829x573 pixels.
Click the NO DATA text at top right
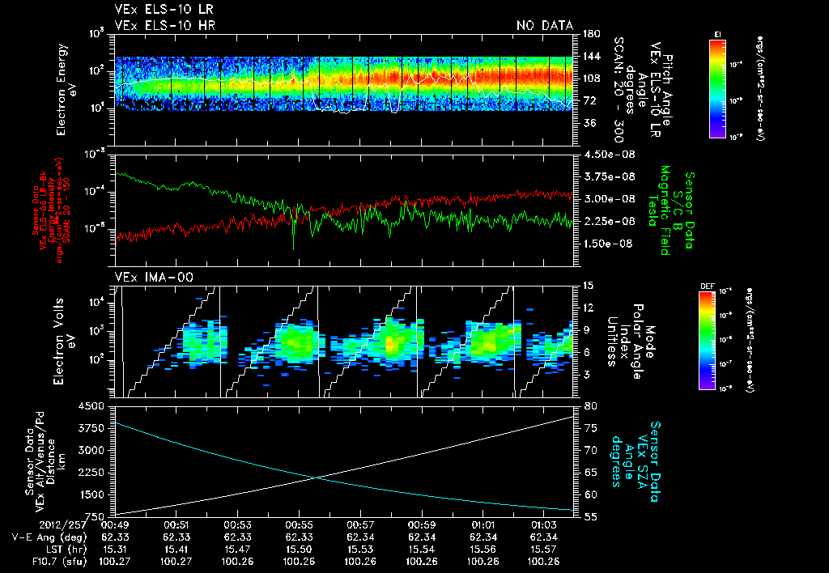545,26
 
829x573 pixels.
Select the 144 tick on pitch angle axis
590,57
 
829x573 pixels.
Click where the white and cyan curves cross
320,477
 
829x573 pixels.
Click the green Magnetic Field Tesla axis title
665,210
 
